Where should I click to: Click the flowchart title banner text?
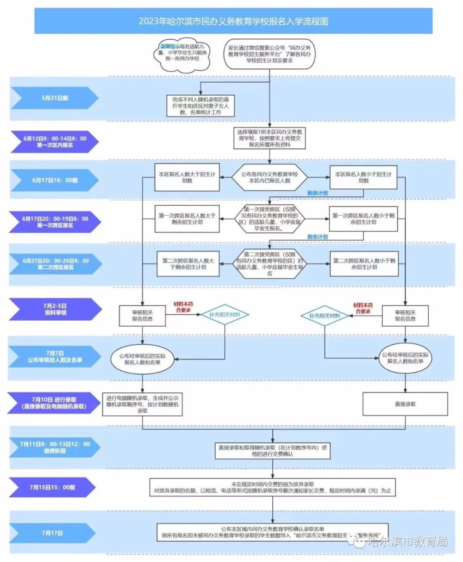[233, 21]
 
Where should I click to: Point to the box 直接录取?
[405, 404]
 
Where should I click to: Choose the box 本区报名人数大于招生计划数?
[187, 177]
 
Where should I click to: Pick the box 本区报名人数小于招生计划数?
[363, 177]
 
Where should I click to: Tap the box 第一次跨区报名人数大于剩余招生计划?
[187, 219]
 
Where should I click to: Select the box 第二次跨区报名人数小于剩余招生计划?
[363, 264]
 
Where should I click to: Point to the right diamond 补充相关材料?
[325, 315]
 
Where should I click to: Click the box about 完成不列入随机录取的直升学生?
[201, 105]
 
